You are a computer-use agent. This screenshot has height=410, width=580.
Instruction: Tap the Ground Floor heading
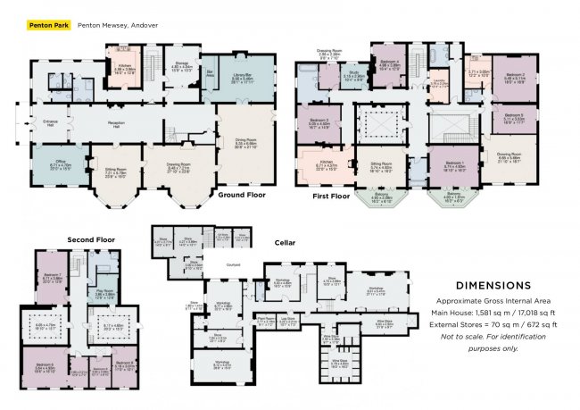pyautogui.click(x=243, y=196)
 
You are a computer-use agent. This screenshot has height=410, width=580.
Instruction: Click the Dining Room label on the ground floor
pyautogui.click(x=244, y=142)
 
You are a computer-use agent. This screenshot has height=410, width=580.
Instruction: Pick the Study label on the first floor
pyautogui.click(x=353, y=74)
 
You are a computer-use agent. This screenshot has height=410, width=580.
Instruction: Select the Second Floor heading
pyautogui.click(x=91, y=238)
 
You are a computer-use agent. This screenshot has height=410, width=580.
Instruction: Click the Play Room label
pyautogui.click(x=104, y=291)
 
